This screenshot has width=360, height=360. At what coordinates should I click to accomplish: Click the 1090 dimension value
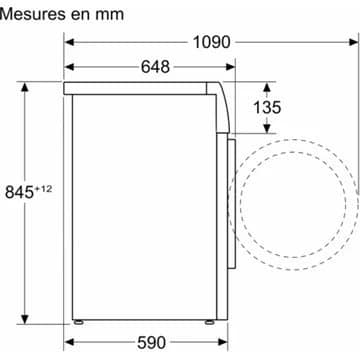coord(212,42)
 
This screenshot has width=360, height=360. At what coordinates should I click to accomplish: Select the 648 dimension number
coord(155,67)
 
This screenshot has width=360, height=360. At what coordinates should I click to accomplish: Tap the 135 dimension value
coord(267,107)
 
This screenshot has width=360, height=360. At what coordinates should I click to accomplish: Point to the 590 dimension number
coord(151,342)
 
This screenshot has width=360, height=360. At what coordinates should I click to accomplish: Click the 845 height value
coord(19,193)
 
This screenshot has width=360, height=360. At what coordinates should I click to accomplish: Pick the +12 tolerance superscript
coord(43,189)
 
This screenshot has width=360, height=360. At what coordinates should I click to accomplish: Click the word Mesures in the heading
coord(32,14)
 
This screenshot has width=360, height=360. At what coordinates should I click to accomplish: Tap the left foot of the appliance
coord(79,322)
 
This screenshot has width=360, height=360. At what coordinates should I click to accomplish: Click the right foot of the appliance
coord(209,322)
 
